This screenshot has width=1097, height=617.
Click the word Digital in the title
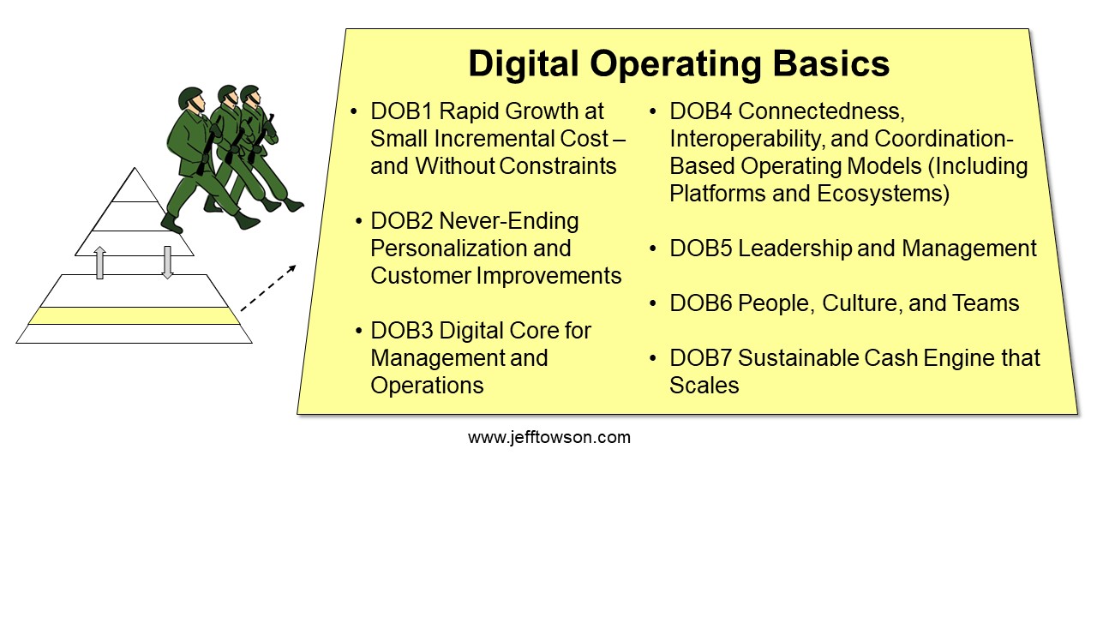[524, 63]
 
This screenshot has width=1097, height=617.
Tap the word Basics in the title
[831, 63]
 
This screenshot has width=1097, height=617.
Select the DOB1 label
[402, 111]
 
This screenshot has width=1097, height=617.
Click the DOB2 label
[402, 221]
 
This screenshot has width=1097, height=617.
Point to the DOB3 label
[402, 331]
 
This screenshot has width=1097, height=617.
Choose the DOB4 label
[701, 111]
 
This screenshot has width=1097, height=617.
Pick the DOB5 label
[701, 249]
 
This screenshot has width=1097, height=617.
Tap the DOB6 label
[701, 303]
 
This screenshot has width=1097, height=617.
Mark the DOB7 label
[701, 358]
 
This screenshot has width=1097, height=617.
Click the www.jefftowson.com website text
[549, 437]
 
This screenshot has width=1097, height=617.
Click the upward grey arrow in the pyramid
[100, 262]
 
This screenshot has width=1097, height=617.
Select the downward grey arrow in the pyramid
[167, 262]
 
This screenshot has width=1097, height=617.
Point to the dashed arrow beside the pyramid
[268, 288]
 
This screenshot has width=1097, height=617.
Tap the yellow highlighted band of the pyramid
[135, 316]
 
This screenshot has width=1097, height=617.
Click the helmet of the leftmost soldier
[190, 98]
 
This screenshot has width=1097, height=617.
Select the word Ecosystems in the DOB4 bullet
[883, 194]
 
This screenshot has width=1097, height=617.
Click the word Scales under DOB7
[704, 386]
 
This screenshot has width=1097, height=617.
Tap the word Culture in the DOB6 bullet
[862, 303]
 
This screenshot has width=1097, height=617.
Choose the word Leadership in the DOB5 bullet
[794, 249]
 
